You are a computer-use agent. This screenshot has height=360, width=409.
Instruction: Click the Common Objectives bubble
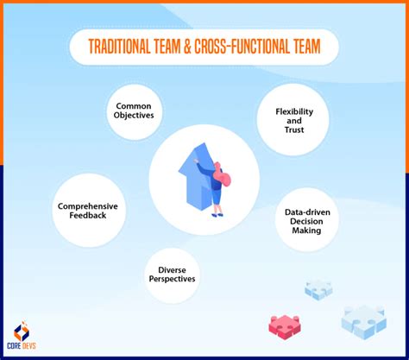point(134,110)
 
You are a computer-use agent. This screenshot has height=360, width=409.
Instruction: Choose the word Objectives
point(134,116)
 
